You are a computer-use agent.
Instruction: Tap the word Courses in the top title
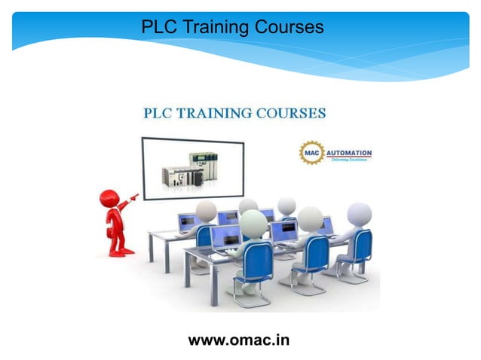click(288, 27)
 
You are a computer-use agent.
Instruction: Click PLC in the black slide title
click(158, 27)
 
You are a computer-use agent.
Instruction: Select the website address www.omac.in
click(238, 340)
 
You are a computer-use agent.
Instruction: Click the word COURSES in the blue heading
click(290, 114)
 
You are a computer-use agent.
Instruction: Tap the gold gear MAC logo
click(311, 154)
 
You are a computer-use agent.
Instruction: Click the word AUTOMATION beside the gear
click(348, 152)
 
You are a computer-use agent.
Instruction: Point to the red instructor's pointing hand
click(134, 197)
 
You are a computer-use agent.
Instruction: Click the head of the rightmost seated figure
click(359, 214)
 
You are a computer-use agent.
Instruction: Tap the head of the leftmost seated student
click(205, 210)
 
